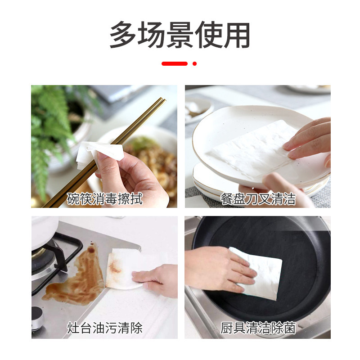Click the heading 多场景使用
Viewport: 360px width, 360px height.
coord(180,35)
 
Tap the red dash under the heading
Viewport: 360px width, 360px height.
coord(175,63)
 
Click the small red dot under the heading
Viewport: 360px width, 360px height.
coord(194,63)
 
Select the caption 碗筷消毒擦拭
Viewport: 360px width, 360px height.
coord(104,198)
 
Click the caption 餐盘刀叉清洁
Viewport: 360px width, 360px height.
coord(258,198)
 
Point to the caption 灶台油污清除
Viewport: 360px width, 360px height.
coord(104,328)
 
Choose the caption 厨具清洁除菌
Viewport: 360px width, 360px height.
coord(258,328)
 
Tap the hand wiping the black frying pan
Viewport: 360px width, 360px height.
coord(216,268)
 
